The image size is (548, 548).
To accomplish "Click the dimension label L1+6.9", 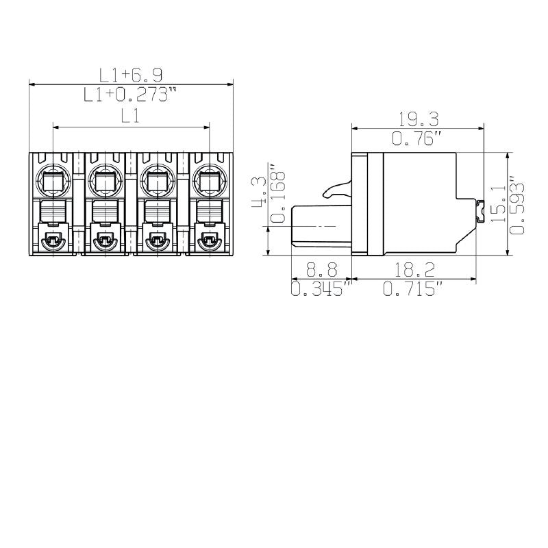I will (130, 75).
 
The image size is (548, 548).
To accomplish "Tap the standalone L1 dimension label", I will (130, 116).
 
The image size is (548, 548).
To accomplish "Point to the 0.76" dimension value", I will (416, 138).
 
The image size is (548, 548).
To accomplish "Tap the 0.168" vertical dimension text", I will (277, 194).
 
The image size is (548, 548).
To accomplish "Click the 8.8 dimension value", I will (321, 269).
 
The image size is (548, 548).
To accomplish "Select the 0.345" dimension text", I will (321, 289).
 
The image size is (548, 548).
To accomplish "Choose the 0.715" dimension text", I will (411, 289).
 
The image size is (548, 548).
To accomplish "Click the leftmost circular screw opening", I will (52, 181).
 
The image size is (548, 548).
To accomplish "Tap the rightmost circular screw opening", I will (208, 181).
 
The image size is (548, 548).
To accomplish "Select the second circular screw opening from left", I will (104, 181).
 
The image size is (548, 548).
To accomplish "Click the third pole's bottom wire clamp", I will (156, 240).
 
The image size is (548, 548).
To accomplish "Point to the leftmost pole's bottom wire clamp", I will (52, 240).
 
